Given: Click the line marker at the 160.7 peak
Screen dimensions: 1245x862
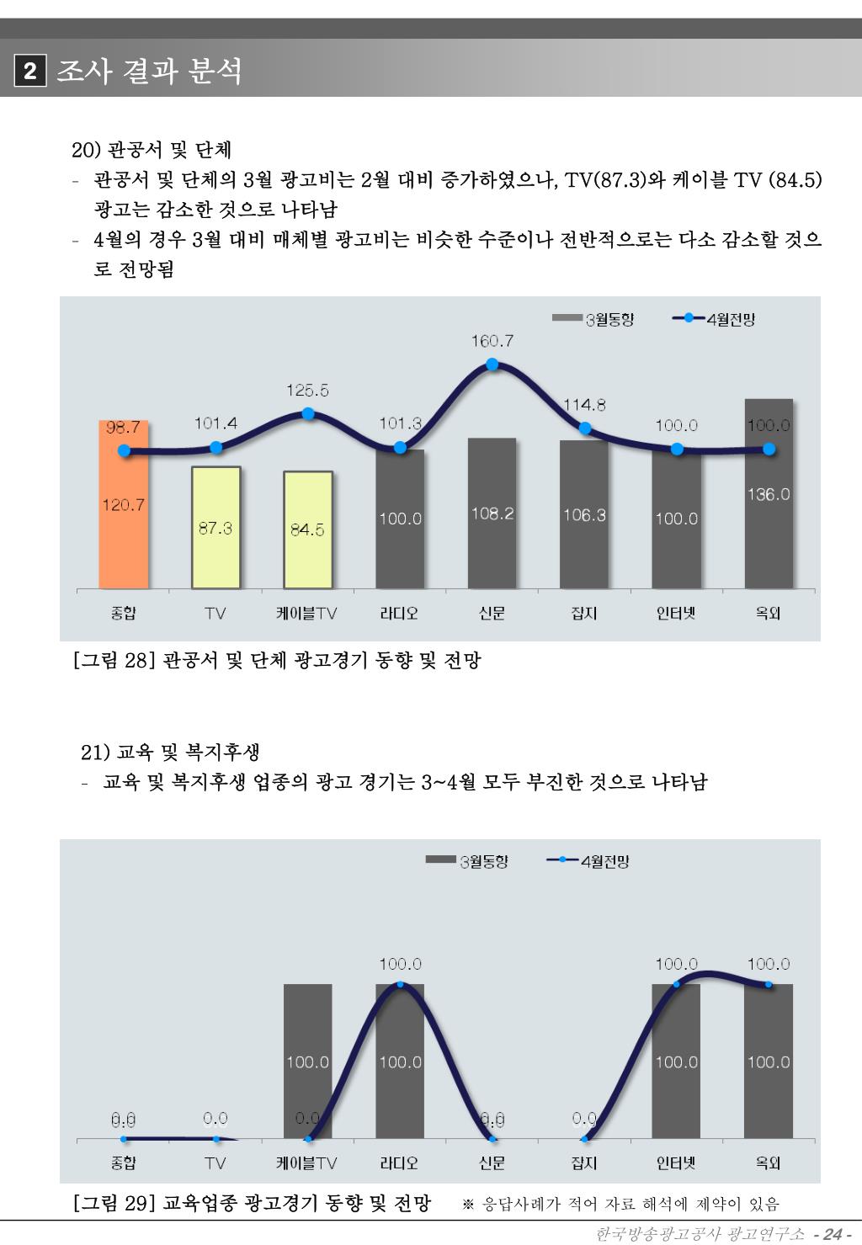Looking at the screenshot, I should (x=492, y=364).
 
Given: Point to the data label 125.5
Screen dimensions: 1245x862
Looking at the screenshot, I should (x=308, y=391).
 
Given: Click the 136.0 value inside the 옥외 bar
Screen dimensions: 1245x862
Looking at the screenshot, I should (x=769, y=494).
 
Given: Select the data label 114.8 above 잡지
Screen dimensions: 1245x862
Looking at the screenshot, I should (x=584, y=405).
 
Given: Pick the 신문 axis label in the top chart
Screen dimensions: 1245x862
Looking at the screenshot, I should (x=492, y=614).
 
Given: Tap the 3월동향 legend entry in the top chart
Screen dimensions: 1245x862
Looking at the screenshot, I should (x=593, y=319).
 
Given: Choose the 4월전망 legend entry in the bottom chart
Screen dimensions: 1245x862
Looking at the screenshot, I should (x=588, y=861).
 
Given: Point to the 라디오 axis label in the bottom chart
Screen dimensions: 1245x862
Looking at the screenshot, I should (x=400, y=1163).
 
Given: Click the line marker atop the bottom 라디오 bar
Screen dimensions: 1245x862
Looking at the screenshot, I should (x=400, y=984).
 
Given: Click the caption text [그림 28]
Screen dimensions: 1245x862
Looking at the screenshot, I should (x=112, y=661).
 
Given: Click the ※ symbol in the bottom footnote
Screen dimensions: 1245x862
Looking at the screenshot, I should (x=471, y=1205).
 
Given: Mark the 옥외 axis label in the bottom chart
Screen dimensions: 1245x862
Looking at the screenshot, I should (x=769, y=1163).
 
